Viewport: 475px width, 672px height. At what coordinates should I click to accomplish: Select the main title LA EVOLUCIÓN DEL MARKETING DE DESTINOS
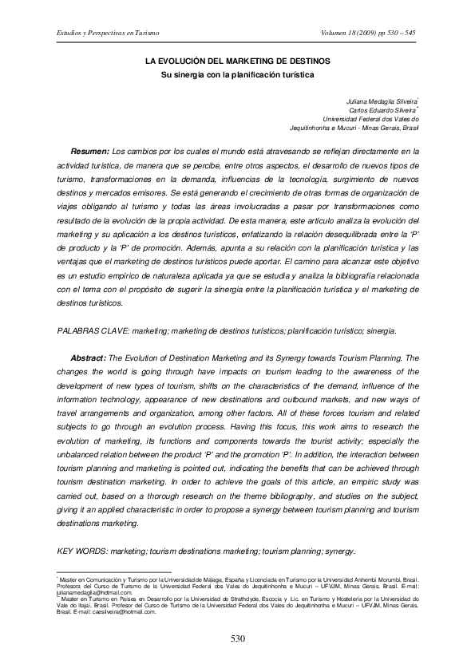[237, 61]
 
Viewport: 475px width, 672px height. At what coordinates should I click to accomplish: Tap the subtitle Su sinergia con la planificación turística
[237, 75]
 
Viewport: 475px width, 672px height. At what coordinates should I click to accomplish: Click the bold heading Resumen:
[89, 150]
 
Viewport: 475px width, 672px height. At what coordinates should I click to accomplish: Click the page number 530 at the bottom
[237, 638]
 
